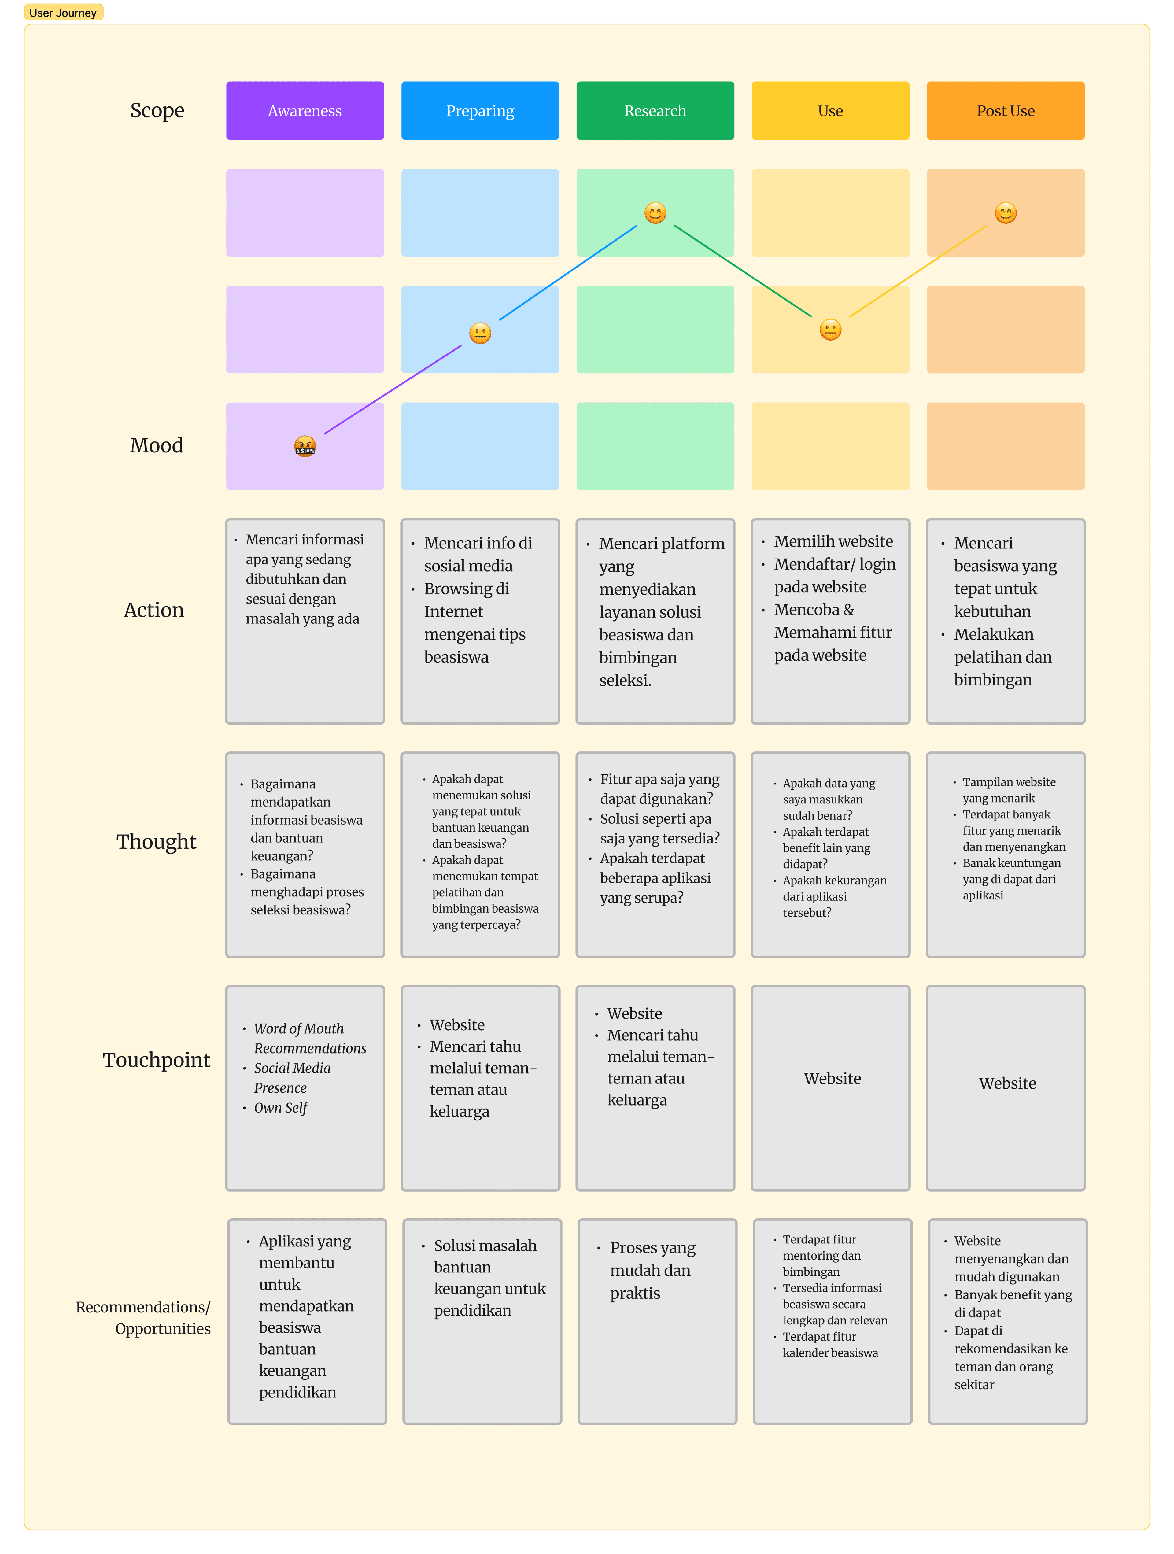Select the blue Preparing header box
pyautogui.click(x=480, y=110)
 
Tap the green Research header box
pyautogui.click(x=655, y=110)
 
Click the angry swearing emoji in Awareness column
pyautogui.click(x=305, y=446)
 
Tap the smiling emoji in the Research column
pyautogui.click(x=655, y=213)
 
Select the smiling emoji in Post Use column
pyautogui.click(x=1005, y=213)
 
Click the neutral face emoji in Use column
pyautogui.click(x=830, y=330)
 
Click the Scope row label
pyautogui.click(x=157, y=110)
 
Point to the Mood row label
pyautogui.click(x=156, y=445)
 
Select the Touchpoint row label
pyautogui.click(x=156, y=1059)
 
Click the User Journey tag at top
pyautogui.click(x=63, y=13)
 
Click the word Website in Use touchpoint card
pyautogui.click(x=832, y=1078)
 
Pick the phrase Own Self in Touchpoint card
pyautogui.click(x=280, y=1108)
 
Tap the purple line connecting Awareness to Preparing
pyautogui.click(x=392, y=389)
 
